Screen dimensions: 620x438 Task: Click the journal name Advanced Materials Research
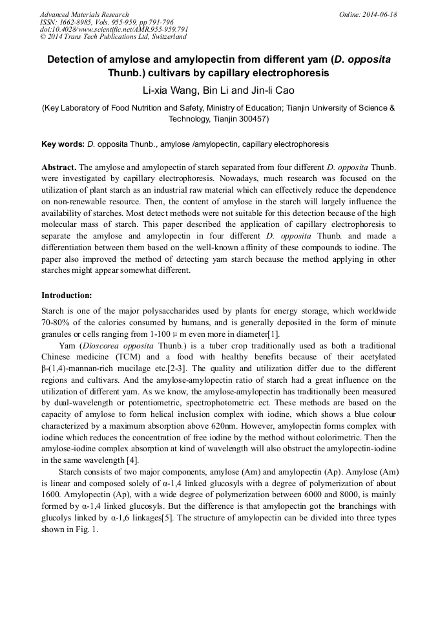click(x=84, y=14)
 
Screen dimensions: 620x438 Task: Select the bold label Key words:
click(x=63, y=144)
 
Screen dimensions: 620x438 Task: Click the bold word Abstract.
click(x=59, y=167)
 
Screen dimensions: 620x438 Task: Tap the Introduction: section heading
click(x=67, y=295)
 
